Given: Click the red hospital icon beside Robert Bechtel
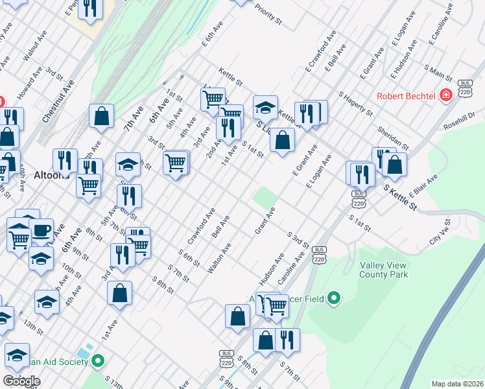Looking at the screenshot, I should [x=446, y=96].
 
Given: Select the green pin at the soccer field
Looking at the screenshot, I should [x=334, y=298].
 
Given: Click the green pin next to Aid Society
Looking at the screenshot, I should [x=98, y=360].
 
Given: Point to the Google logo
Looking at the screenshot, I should [x=21, y=380].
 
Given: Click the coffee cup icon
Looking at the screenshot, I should [x=42, y=230].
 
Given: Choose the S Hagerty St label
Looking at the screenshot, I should [x=354, y=103].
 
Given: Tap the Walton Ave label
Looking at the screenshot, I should [x=219, y=257].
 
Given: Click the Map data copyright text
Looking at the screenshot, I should [x=456, y=384].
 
